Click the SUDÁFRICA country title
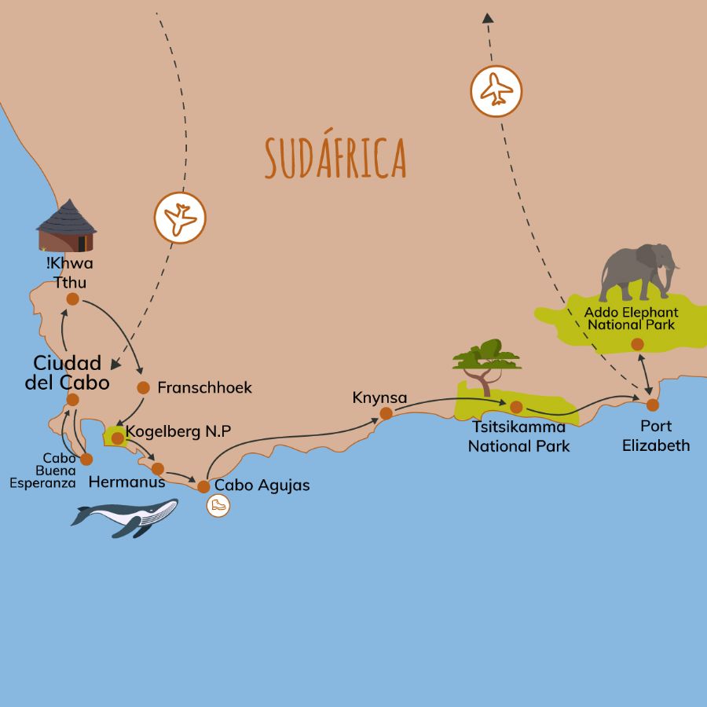335,157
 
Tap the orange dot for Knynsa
386,413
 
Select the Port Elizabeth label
655,436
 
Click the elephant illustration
638,271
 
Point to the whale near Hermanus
126,517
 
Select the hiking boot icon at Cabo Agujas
218,506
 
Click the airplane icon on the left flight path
180,218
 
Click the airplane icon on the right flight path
496,91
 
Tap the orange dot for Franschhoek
143,387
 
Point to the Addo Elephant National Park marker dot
637,344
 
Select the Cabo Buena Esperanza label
42,471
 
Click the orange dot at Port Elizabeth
652,405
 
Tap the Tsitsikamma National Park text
518,437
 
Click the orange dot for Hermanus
157,469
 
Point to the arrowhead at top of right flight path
488,17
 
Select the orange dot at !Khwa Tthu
72,299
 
